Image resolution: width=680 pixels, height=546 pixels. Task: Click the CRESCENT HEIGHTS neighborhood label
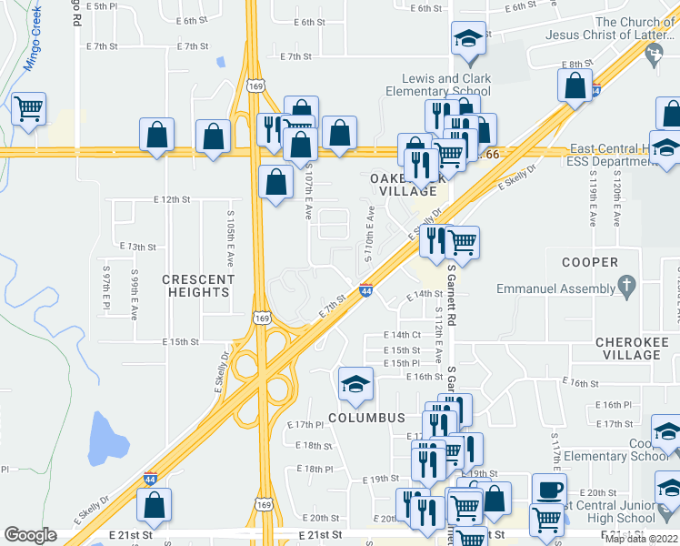[197, 285]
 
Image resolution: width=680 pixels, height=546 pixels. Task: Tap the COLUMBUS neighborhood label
[365, 417]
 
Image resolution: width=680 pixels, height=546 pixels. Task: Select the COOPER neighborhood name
[589, 262]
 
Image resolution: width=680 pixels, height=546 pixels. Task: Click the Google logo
[30, 535]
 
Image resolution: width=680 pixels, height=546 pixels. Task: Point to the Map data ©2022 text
[641, 539]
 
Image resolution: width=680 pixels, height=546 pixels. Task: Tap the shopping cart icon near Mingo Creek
[28, 110]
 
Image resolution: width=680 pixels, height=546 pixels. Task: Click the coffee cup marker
[549, 489]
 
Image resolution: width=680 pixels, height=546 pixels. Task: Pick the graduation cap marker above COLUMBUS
[355, 384]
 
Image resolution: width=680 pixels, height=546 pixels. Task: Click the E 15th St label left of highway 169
[180, 342]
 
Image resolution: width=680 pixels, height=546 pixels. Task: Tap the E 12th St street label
[172, 198]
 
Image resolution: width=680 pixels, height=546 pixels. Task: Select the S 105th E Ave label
[231, 232]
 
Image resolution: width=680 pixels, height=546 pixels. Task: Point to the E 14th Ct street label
[402, 335]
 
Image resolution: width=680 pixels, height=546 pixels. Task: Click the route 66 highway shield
[492, 155]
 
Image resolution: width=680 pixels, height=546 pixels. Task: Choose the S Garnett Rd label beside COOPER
[451, 290]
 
